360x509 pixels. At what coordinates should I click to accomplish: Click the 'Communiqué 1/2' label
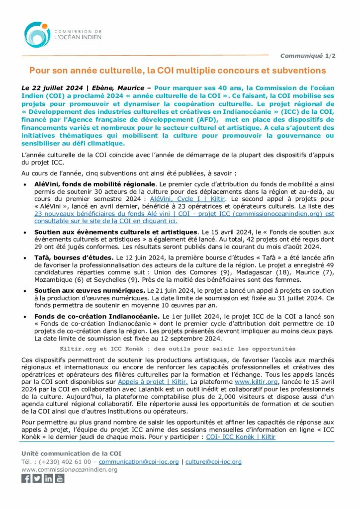pyautogui.click(x=307, y=56)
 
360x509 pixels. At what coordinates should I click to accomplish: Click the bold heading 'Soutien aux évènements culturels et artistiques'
pyautogui.click(x=116, y=232)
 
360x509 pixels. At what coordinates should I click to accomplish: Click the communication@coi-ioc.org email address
pyautogui.click(x=139, y=461)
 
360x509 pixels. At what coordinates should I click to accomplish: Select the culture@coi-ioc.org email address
pyautogui.click(x=213, y=461)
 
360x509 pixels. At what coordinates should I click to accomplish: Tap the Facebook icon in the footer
pyautogui.click(x=26, y=478)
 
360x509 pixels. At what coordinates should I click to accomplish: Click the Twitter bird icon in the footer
pyautogui.click(x=37, y=478)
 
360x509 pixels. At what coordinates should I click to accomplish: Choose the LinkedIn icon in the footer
pyautogui.click(x=48, y=478)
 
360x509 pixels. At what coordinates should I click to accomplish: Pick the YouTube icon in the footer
pyautogui.click(x=60, y=478)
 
